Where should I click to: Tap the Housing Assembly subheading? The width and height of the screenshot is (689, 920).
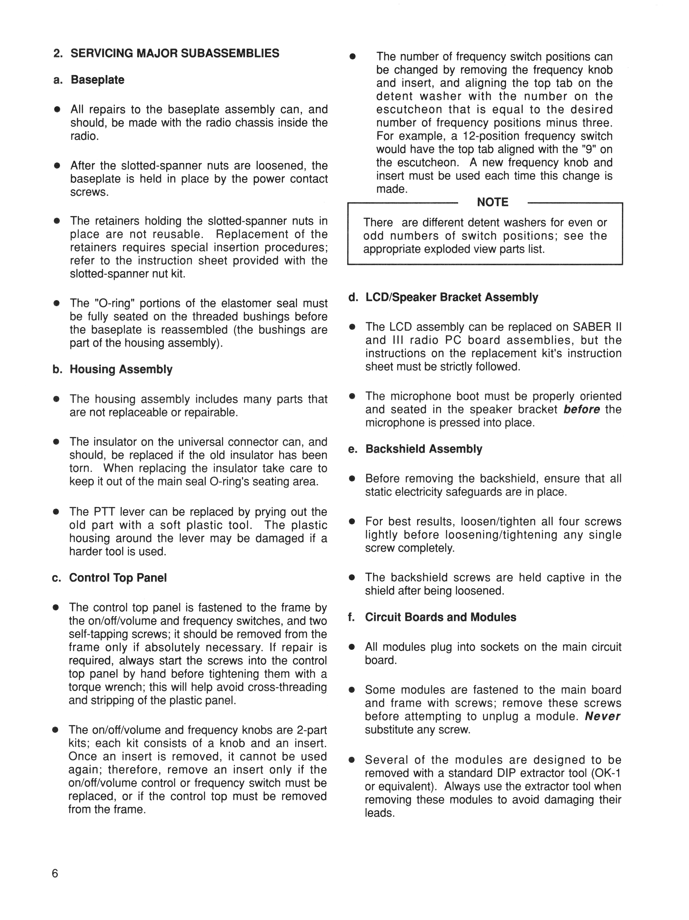click(121, 369)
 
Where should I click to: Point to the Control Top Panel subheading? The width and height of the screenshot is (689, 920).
click(118, 578)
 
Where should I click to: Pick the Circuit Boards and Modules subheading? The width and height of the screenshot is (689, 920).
click(440, 617)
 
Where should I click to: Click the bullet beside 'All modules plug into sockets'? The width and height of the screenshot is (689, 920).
click(352, 648)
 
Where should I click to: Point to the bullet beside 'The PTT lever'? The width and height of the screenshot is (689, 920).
click(56, 512)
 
